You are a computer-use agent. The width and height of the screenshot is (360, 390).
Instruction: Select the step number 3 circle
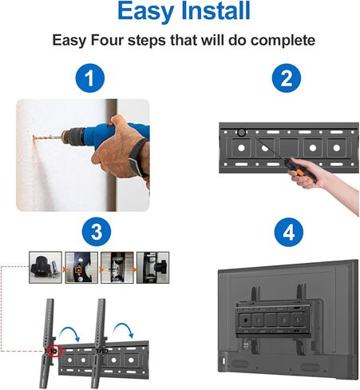pyautogui.click(x=95, y=233)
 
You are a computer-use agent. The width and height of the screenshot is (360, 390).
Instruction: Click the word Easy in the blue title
pyautogui.click(x=146, y=12)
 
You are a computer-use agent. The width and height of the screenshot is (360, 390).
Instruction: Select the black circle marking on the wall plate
pyautogui.click(x=241, y=132)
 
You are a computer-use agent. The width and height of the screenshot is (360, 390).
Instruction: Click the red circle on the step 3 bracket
pyautogui.click(x=54, y=350)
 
